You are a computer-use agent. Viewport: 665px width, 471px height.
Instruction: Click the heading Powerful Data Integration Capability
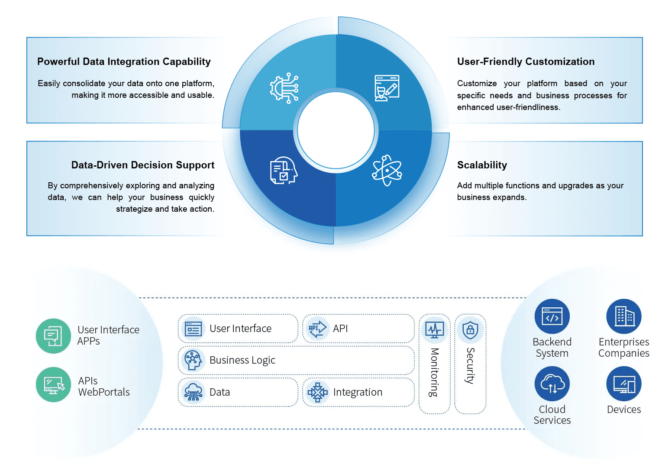(124, 61)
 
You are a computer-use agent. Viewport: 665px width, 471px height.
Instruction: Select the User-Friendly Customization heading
(526, 61)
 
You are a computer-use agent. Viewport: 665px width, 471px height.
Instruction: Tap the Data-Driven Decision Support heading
(142, 165)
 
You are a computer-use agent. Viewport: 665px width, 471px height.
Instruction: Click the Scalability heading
(482, 165)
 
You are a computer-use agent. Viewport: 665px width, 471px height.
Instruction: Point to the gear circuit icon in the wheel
(284, 88)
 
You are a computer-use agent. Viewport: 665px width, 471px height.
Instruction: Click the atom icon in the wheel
(387, 170)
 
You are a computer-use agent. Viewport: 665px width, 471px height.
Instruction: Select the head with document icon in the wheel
(284, 171)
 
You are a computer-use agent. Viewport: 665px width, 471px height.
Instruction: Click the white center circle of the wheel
(336, 130)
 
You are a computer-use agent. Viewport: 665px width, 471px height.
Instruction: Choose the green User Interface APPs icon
(53, 336)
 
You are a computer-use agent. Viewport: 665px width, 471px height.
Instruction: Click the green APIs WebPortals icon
(53, 384)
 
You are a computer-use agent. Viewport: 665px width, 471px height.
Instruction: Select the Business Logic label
(242, 360)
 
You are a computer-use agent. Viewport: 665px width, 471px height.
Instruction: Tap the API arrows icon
(317, 329)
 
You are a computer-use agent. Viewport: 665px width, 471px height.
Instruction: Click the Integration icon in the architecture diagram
(317, 392)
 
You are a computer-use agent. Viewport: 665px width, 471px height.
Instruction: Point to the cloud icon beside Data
(193, 392)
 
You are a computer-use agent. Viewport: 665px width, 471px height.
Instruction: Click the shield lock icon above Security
(470, 330)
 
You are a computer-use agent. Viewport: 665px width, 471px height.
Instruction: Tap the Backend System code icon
(552, 316)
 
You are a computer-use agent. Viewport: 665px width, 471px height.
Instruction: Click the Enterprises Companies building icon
(624, 316)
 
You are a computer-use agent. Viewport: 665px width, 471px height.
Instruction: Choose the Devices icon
(624, 384)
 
